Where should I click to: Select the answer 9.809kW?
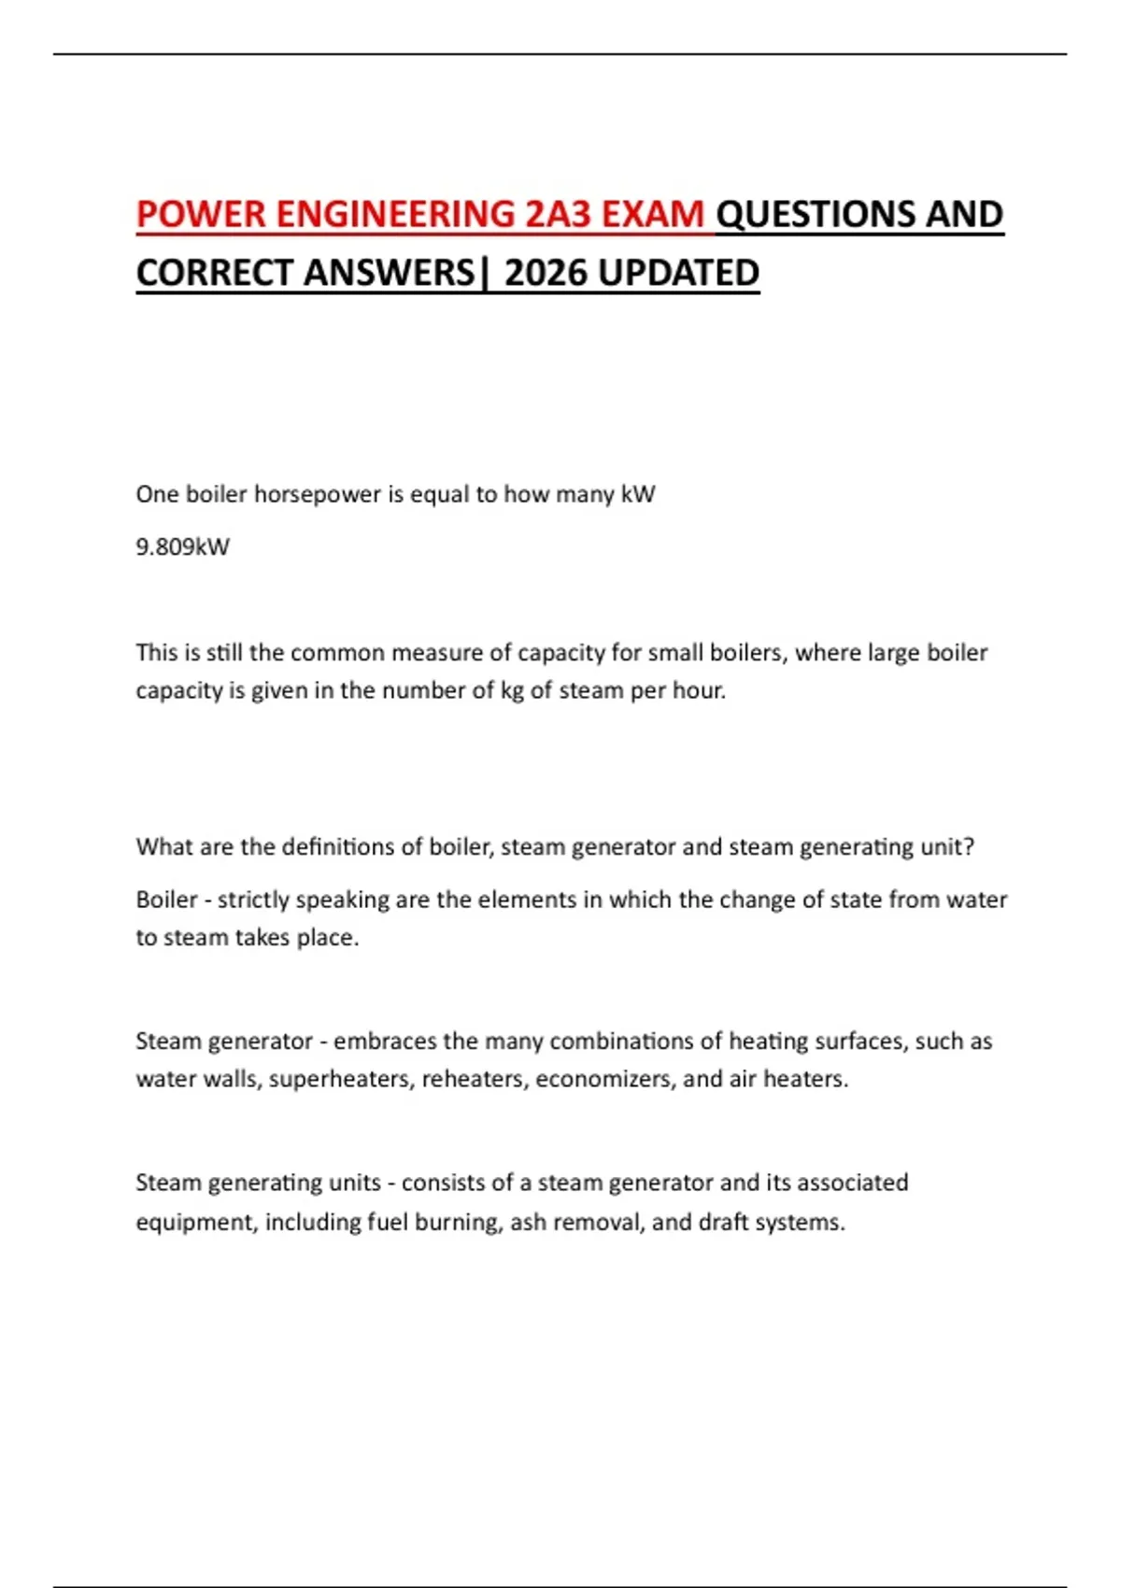coord(183,546)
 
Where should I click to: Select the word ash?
coord(528,1222)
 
